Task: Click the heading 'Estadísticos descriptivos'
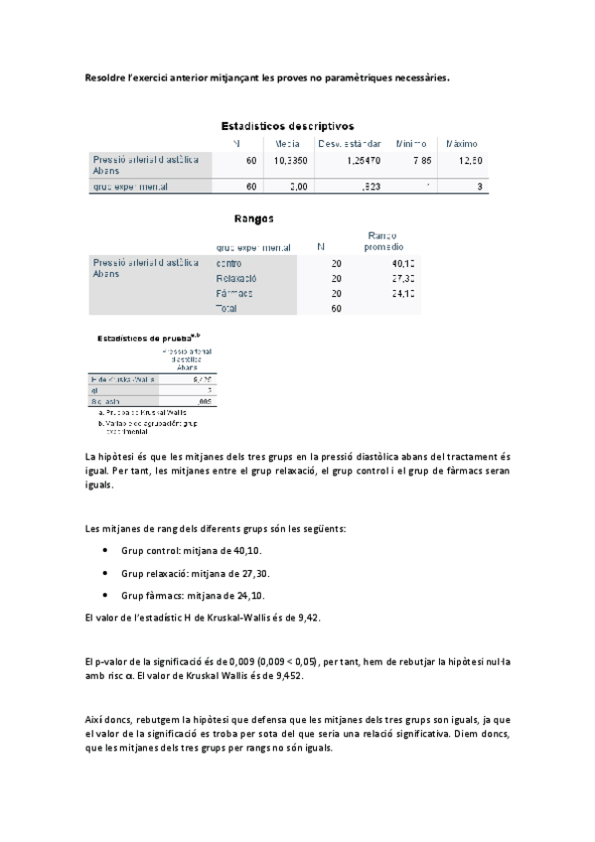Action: pyautogui.click(x=286, y=126)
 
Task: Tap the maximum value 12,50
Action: pyautogui.click(x=469, y=160)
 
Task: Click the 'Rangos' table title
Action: pyautogui.click(x=253, y=218)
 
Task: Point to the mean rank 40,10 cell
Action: pyautogui.click(x=402, y=263)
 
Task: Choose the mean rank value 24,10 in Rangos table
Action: pyautogui.click(x=402, y=294)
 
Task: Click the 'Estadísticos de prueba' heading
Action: pyautogui.click(x=140, y=339)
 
